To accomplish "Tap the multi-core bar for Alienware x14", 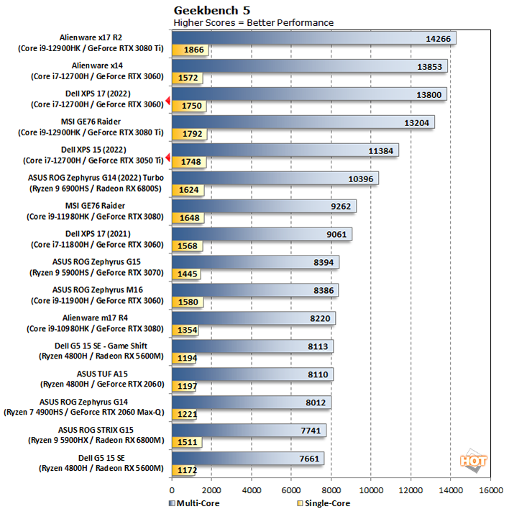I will tap(309, 66).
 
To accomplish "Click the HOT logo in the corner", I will tap(474, 461).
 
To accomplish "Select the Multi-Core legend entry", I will tap(194, 503).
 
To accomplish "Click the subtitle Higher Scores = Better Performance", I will tap(253, 22).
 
